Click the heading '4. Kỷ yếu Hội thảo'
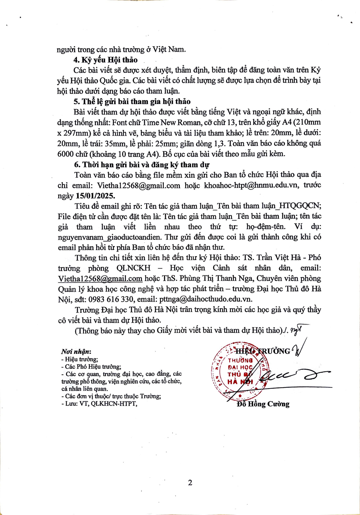tap(105, 60)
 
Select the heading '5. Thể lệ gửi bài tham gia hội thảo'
tap(132, 101)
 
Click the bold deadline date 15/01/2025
tap(95, 196)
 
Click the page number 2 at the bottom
tap(190, 483)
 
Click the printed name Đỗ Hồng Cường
tap(263, 404)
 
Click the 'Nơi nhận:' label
tap(76, 351)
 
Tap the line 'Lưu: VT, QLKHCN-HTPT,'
tap(100, 404)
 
